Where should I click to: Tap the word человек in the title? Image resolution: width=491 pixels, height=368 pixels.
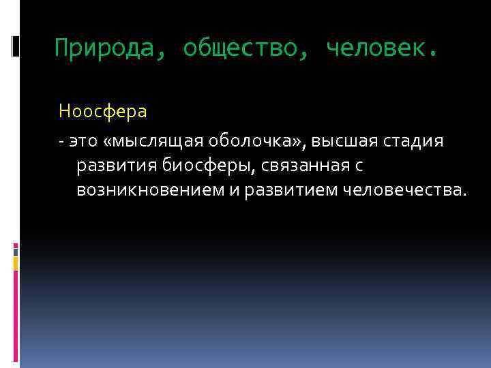point(374,48)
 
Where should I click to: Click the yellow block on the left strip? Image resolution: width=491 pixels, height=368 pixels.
point(16,264)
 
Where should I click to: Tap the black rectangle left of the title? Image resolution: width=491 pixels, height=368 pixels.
point(16,46)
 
